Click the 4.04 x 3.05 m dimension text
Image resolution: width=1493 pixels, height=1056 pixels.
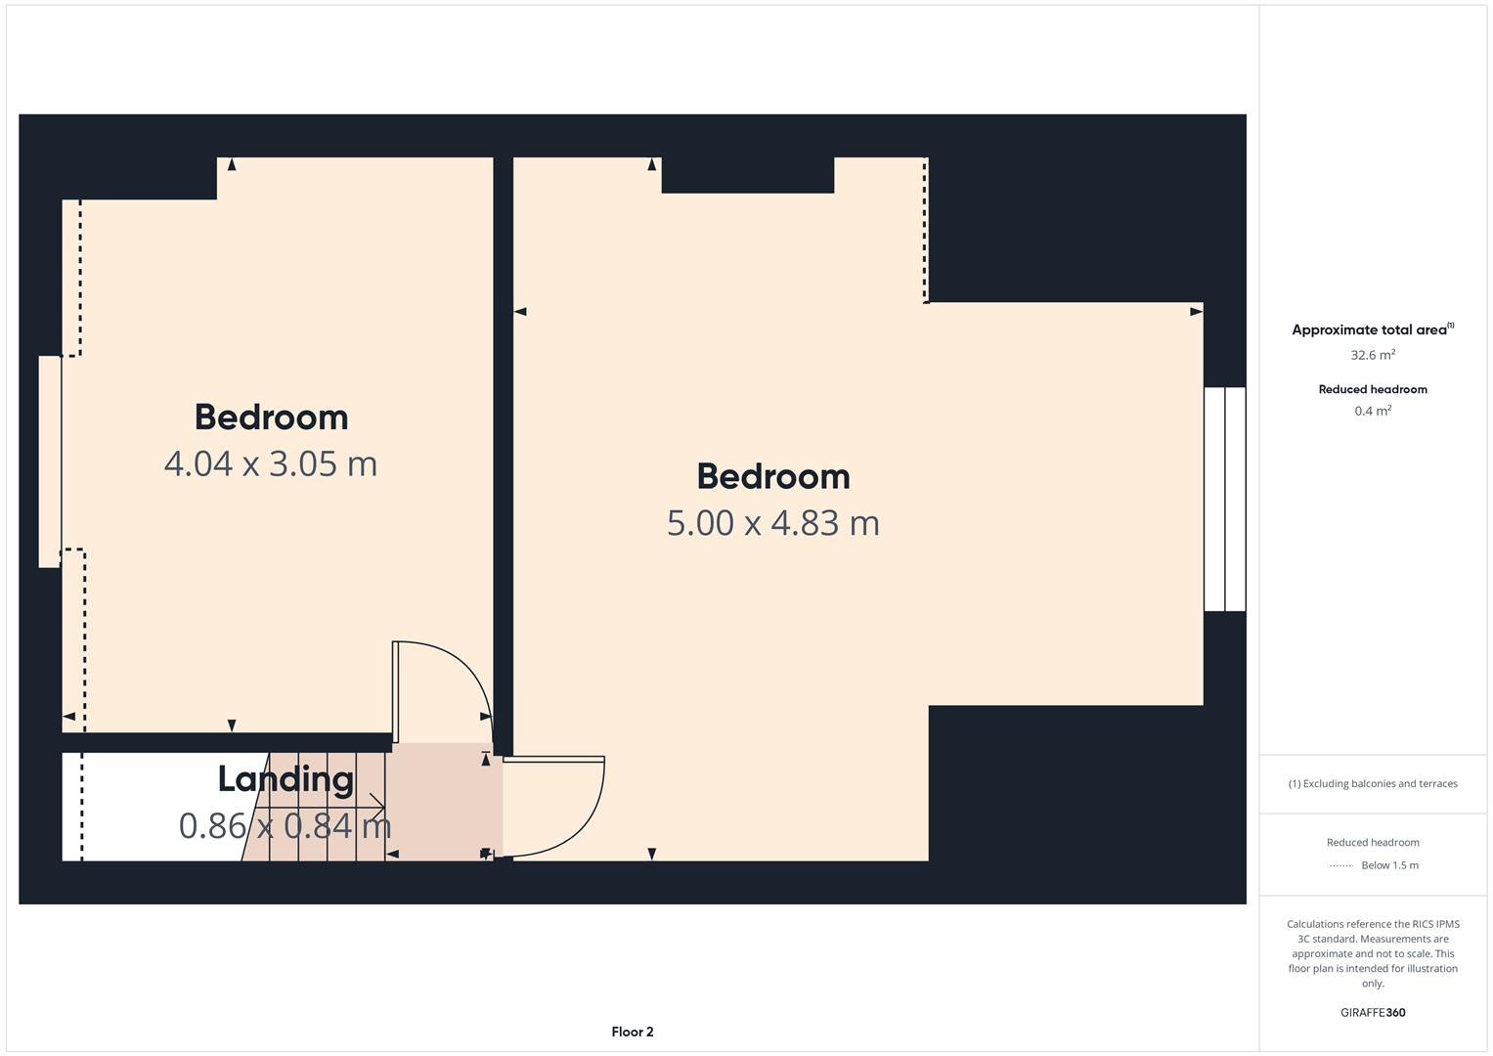[271, 463]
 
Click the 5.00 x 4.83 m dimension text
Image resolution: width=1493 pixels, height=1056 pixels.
[772, 523]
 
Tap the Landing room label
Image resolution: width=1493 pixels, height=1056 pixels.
[285, 779]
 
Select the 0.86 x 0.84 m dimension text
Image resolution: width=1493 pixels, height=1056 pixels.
[285, 826]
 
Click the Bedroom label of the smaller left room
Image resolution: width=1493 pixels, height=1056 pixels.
[271, 418]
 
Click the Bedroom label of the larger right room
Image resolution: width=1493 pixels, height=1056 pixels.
[772, 477]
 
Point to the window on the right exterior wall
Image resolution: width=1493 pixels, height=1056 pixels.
[1224, 499]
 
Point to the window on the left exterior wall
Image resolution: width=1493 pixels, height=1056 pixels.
[50, 461]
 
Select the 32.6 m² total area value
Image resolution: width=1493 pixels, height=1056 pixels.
[1372, 355]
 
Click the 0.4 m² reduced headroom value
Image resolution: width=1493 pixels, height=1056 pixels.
[1372, 411]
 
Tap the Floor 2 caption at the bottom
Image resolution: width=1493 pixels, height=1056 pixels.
[632, 1032]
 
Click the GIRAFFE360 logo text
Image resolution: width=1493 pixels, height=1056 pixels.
[1372, 1012]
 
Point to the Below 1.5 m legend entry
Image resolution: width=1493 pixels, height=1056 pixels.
[1388, 865]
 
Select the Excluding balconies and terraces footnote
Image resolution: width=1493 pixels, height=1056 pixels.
[1372, 783]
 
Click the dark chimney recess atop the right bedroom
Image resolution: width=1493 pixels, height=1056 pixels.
[747, 174]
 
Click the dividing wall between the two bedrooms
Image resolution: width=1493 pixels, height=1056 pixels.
[503, 440]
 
